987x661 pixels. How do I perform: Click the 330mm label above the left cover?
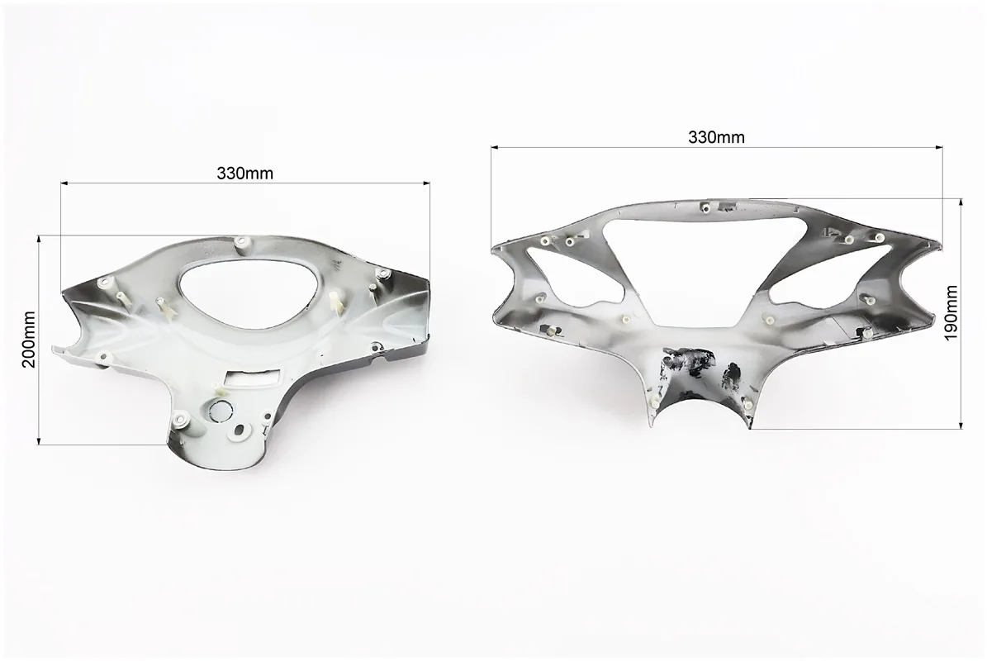244,174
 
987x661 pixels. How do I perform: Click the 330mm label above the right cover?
716,136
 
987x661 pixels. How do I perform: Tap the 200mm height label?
29,340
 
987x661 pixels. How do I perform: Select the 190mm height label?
951,312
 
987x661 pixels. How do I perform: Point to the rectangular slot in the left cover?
249,377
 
